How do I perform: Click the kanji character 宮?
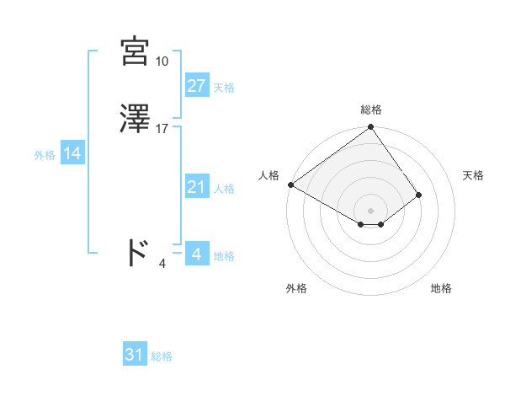[x=136, y=52]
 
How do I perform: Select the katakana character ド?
[x=137, y=252]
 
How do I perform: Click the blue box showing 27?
[x=197, y=86]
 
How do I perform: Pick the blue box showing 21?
[x=197, y=188]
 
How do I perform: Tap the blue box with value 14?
[x=72, y=154]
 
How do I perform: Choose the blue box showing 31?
[x=135, y=356]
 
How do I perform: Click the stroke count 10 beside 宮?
[x=162, y=62]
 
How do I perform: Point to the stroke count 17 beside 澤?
[x=162, y=129]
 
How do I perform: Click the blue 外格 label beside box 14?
[x=45, y=155]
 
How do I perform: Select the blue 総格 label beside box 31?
[x=162, y=356]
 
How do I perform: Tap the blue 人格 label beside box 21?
[x=224, y=189]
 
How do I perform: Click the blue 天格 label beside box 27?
[x=224, y=87]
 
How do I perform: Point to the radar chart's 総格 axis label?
[x=371, y=110]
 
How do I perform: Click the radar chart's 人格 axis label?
[x=269, y=175]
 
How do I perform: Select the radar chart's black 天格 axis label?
[x=474, y=175]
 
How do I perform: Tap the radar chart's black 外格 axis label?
[x=296, y=288]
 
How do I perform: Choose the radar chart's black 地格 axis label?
[x=441, y=288]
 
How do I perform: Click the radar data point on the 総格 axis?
[x=371, y=128]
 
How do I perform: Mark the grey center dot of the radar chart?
[x=371, y=210]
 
